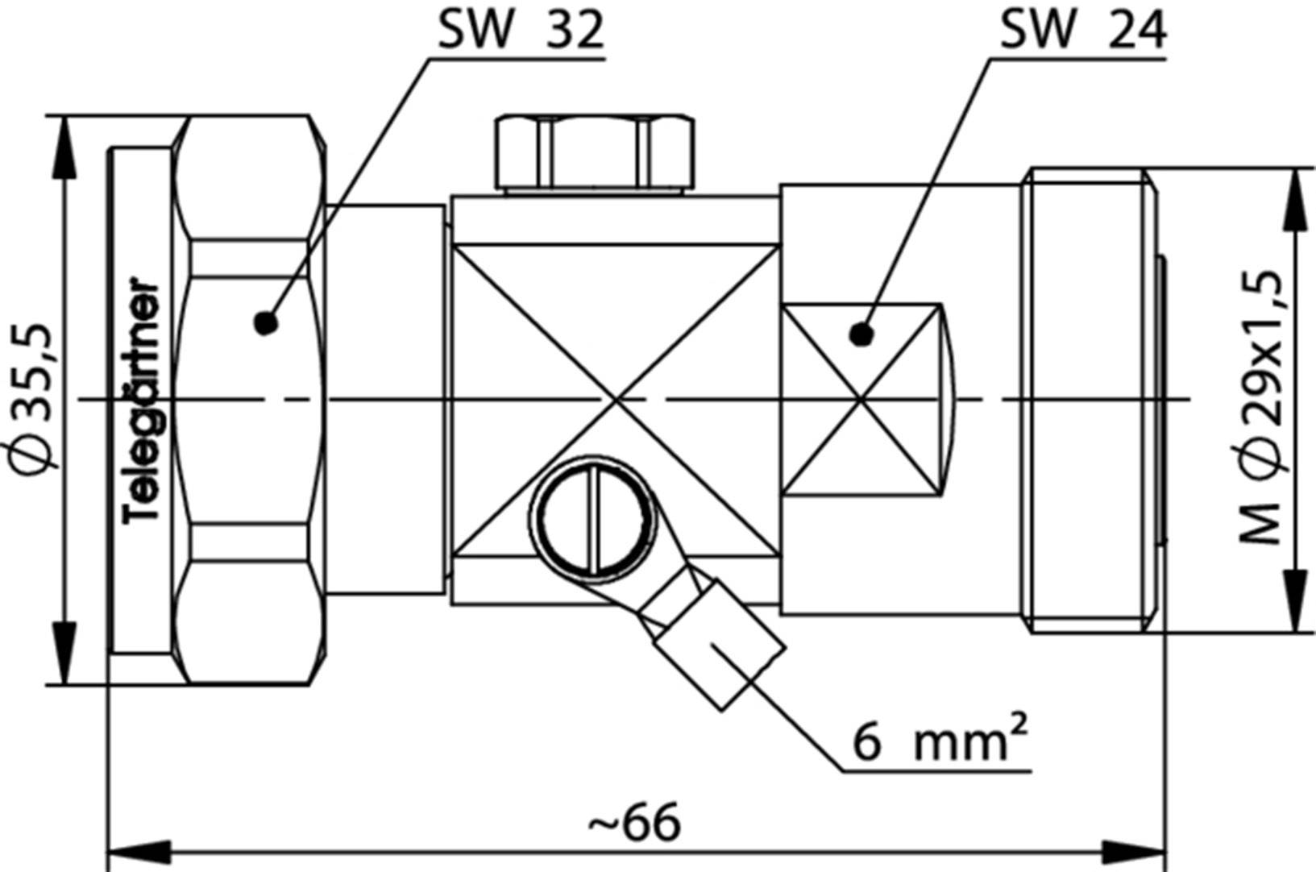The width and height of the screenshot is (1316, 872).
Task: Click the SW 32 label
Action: point(520,31)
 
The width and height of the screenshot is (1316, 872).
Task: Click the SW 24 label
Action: point(1082,31)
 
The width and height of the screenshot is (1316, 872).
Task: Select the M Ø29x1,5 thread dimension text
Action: point(1262,407)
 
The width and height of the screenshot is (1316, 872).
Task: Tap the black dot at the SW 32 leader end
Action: point(265,323)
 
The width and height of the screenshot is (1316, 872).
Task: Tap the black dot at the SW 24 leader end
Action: point(861,333)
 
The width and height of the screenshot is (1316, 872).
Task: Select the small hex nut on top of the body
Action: point(595,153)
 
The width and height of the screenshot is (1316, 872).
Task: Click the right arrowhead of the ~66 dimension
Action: point(1135,851)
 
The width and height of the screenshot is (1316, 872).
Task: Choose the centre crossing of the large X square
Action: point(616,399)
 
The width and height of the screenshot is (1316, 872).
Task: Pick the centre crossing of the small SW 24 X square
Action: point(861,399)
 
